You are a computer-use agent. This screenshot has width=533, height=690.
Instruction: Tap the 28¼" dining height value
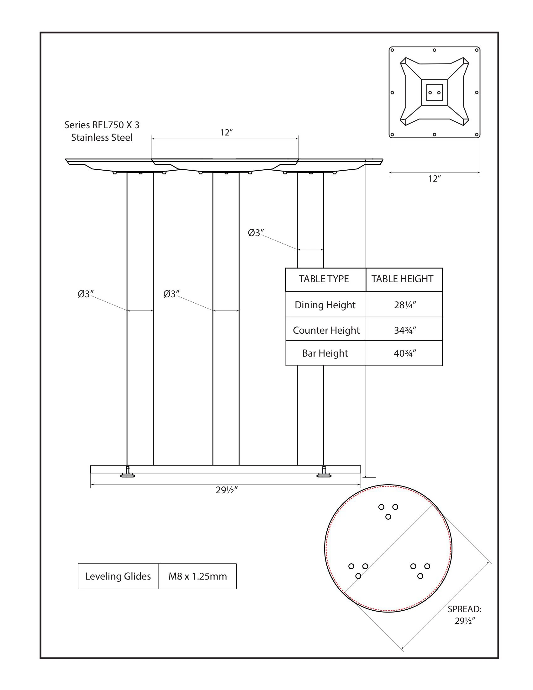[x=404, y=305]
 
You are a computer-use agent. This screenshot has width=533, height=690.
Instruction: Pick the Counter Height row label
[x=326, y=330]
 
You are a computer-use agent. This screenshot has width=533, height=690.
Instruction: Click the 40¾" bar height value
[x=404, y=353]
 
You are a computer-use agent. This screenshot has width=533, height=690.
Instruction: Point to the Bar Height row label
[x=325, y=353]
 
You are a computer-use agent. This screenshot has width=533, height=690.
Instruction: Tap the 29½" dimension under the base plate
[x=226, y=490]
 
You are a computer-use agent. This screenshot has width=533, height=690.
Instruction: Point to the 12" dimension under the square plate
[x=434, y=179]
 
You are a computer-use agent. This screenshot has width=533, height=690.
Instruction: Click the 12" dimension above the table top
[x=226, y=133]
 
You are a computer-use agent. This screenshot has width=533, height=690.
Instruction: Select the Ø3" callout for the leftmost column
[x=86, y=294]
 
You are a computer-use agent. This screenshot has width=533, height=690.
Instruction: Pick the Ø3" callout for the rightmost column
[x=256, y=233]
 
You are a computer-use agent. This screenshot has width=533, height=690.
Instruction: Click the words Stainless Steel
[x=102, y=138]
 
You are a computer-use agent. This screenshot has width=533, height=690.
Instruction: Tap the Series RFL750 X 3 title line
[x=102, y=125]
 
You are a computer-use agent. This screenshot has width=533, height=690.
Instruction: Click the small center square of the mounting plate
[x=434, y=93]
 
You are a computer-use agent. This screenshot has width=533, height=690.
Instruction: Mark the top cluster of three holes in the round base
[x=388, y=511]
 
